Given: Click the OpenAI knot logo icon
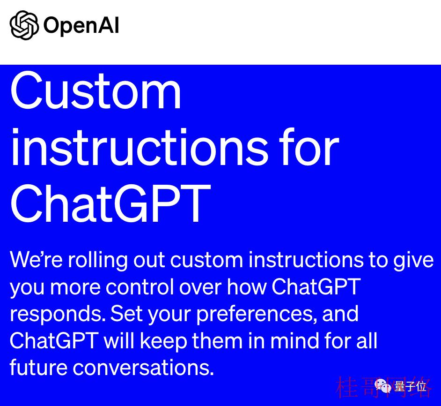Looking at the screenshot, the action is (24, 25).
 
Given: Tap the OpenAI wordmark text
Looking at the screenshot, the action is (81, 26).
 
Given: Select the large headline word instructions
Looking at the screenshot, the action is (140, 147).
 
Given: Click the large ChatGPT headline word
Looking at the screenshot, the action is (110, 203).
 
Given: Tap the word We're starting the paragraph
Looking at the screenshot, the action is (36, 260).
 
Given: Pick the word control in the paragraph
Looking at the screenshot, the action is (140, 287).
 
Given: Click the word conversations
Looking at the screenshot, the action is (143, 368).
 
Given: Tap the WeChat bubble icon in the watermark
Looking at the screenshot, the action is (383, 385).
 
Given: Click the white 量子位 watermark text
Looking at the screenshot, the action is (411, 386).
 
